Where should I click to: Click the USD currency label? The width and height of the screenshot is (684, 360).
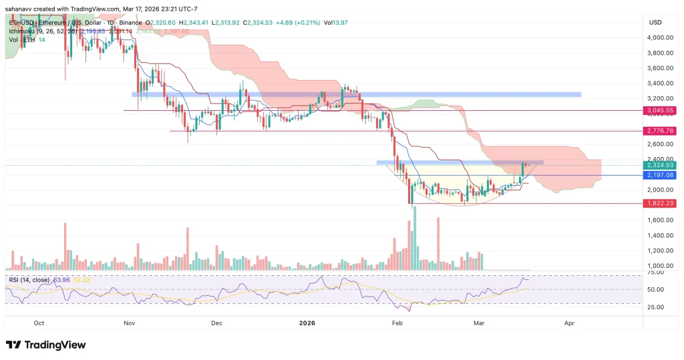(x=655, y=22)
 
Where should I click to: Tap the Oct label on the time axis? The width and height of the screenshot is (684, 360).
(x=39, y=323)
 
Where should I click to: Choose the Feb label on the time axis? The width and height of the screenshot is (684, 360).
(x=397, y=323)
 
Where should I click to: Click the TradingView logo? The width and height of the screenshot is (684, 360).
(x=46, y=345)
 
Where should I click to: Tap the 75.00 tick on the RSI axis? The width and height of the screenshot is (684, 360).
(x=655, y=273)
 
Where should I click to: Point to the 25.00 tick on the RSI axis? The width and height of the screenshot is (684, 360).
(x=655, y=307)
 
